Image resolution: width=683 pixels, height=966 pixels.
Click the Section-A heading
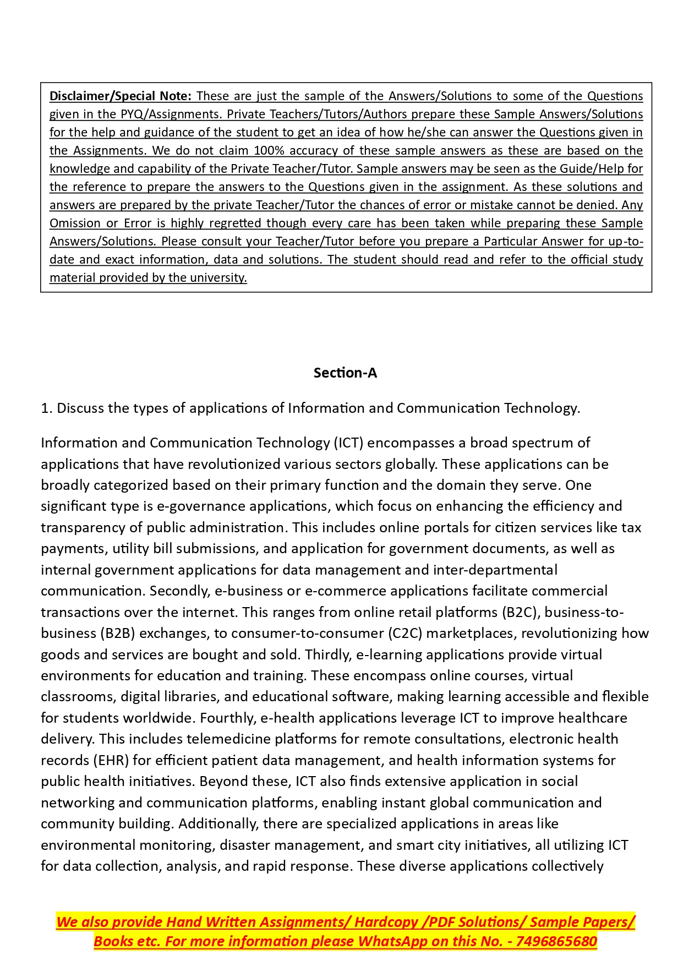click(x=345, y=373)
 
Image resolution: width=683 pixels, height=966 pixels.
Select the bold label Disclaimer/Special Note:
click(x=120, y=96)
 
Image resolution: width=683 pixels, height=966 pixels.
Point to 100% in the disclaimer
click(x=268, y=151)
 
